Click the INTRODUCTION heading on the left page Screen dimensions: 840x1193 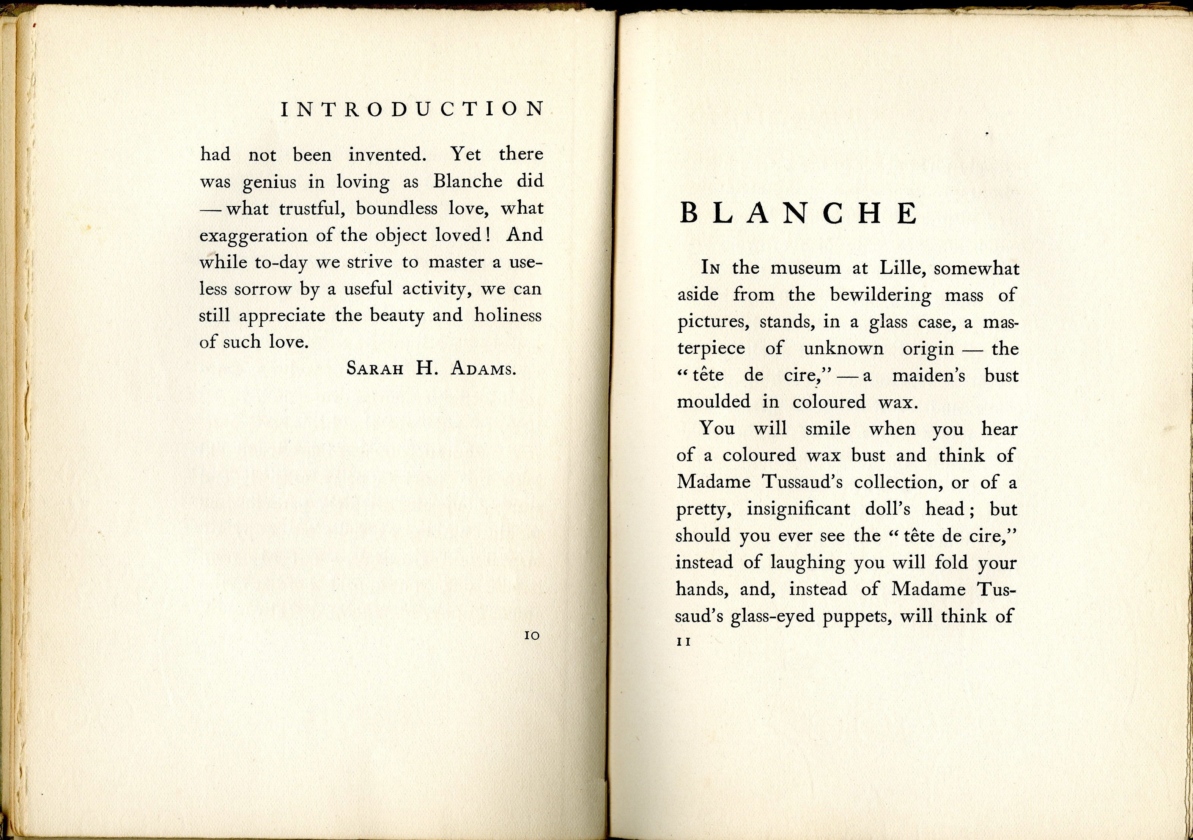(x=412, y=109)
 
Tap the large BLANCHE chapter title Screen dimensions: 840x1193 (x=799, y=213)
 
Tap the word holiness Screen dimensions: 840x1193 (x=508, y=315)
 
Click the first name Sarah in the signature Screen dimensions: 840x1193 (x=375, y=369)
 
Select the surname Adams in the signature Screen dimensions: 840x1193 (x=483, y=369)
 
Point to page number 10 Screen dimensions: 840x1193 (x=532, y=635)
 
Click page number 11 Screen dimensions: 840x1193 (x=684, y=642)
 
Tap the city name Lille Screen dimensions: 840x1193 (x=903, y=268)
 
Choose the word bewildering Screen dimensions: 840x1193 (x=881, y=295)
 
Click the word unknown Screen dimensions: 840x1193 (x=843, y=349)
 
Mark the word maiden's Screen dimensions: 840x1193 (x=929, y=375)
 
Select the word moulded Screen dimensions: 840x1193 (x=713, y=402)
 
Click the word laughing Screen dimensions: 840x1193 (x=807, y=563)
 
